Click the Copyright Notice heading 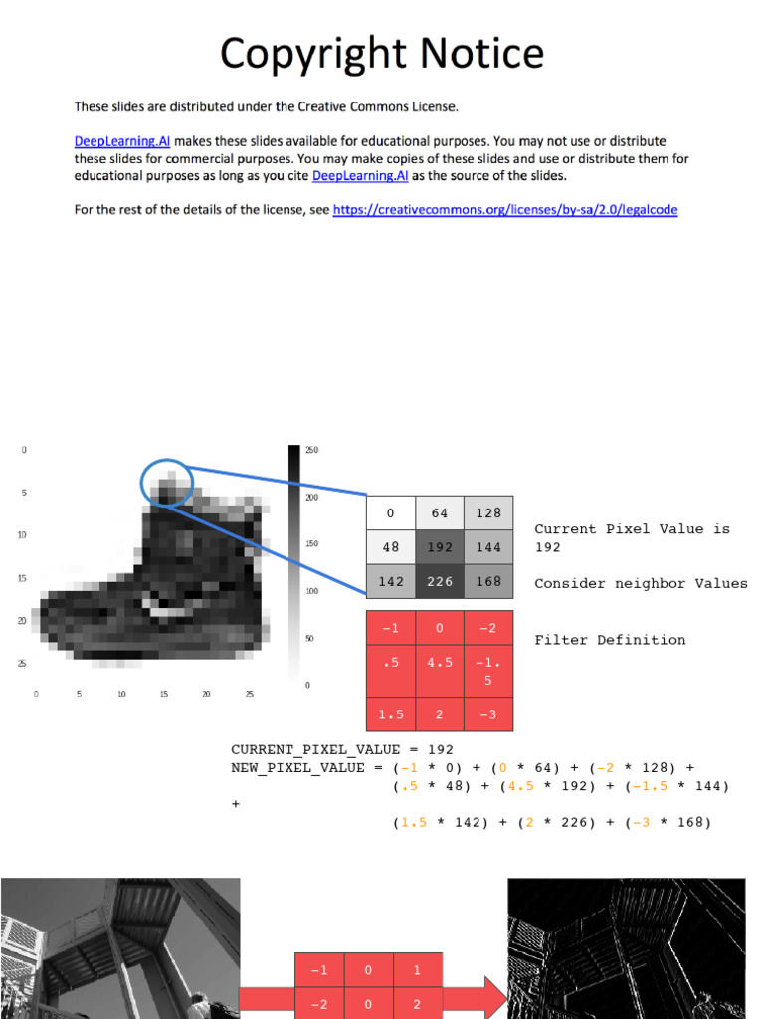[x=381, y=53]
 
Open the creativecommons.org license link [x=505, y=210]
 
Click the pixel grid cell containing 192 [x=440, y=546]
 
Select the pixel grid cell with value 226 [x=440, y=581]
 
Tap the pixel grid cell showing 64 [x=440, y=513]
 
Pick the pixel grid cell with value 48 [x=391, y=546]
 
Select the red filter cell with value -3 [x=488, y=715]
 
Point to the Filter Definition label [x=610, y=640]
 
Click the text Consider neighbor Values [x=641, y=583]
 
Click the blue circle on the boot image [x=167, y=481]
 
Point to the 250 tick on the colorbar [x=311, y=451]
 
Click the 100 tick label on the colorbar [x=311, y=591]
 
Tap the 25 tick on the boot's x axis [x=250, y=694]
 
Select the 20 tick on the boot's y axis [x=23, y=620]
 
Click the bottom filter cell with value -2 [x=318, y=1004]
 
